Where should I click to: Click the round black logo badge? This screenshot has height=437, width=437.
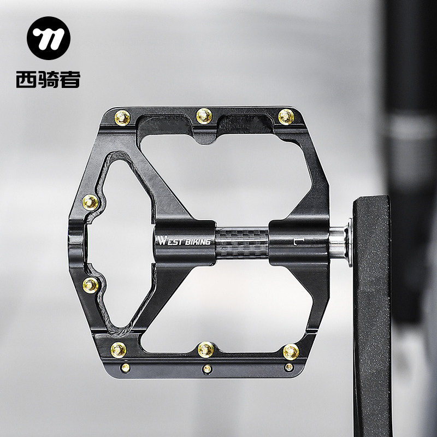pos(49,38)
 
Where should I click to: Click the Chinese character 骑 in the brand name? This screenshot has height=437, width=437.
pos(48,79)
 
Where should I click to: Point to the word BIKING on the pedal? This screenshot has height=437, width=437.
pos(198,241)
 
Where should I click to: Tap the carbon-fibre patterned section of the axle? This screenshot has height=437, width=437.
pos(242,243)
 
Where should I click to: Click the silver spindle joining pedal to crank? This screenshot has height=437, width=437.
pos(340,243)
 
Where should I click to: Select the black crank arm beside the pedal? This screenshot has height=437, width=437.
pos(372,315)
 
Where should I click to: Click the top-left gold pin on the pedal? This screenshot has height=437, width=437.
pos(122,117)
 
